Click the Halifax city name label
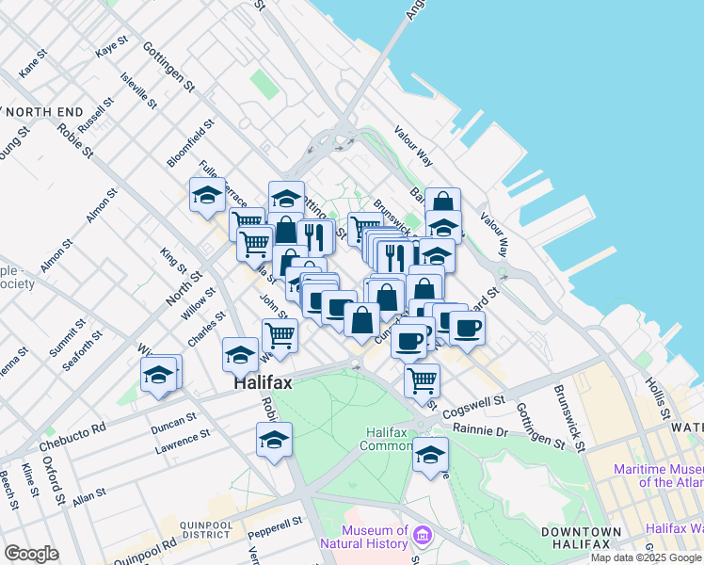click(264, 384)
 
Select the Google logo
click(31, 554)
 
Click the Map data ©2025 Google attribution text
click(647, 557)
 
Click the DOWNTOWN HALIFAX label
click(581, 539)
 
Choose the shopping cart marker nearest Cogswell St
click(422, 379)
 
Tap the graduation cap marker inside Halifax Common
click(430, 454)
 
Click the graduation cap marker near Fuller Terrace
click(207, 195)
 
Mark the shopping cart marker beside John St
click(280, 334)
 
